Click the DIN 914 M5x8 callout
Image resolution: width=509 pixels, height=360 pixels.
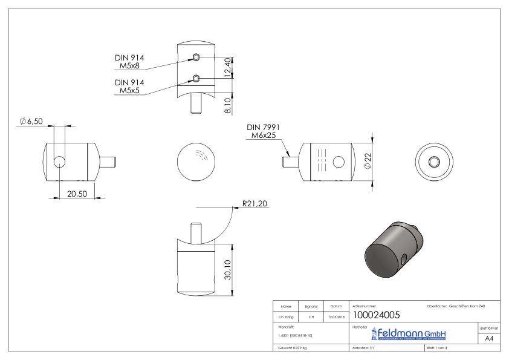129,62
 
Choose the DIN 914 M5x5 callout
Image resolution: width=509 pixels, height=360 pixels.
129,86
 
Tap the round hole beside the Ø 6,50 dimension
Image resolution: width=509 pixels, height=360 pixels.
60,162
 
